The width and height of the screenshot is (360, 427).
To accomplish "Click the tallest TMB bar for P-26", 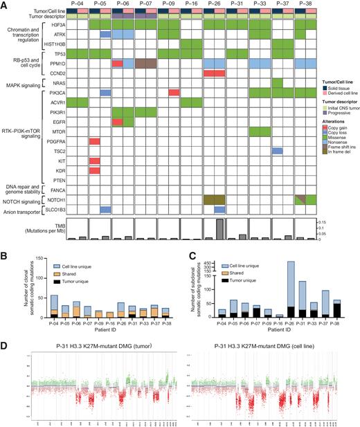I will (219, 229).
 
